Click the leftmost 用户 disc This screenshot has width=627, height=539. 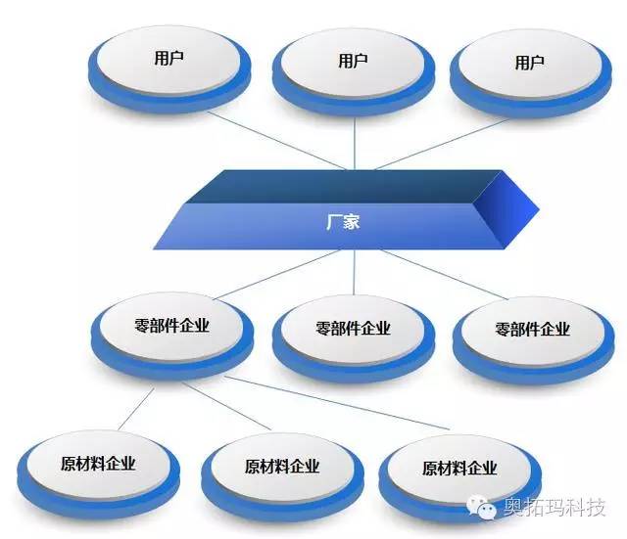tap(169, 69)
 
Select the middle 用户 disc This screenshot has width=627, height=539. tap(354, 72)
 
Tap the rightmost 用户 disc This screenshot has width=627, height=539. tap(531, 74)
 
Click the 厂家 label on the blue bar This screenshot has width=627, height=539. tap(343, 222)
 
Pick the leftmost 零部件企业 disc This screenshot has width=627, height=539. tap(172, 337)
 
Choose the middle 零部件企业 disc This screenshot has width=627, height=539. tap(354, 339)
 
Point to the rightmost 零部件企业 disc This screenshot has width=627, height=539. tap(533, 340)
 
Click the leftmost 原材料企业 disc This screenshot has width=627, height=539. tap(98, 474)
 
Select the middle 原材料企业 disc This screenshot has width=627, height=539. tap(283, 477)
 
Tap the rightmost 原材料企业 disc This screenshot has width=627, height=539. tap(459, 478)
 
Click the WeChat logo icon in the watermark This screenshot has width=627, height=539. tap(481, 507)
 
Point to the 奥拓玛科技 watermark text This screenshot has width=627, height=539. tap(555, 507)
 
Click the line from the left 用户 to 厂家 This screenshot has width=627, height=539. tap(276, 141)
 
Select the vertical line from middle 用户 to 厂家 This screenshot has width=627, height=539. tap(355, 144)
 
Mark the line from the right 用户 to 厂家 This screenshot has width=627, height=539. tap(443, 144)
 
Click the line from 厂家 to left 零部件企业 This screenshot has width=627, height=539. tap(276, 275)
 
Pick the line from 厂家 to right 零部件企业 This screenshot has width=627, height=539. tap(444, 275)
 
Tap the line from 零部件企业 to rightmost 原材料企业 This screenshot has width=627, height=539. tap(336, 402)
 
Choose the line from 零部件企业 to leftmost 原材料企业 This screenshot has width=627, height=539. tap(136, 409)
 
